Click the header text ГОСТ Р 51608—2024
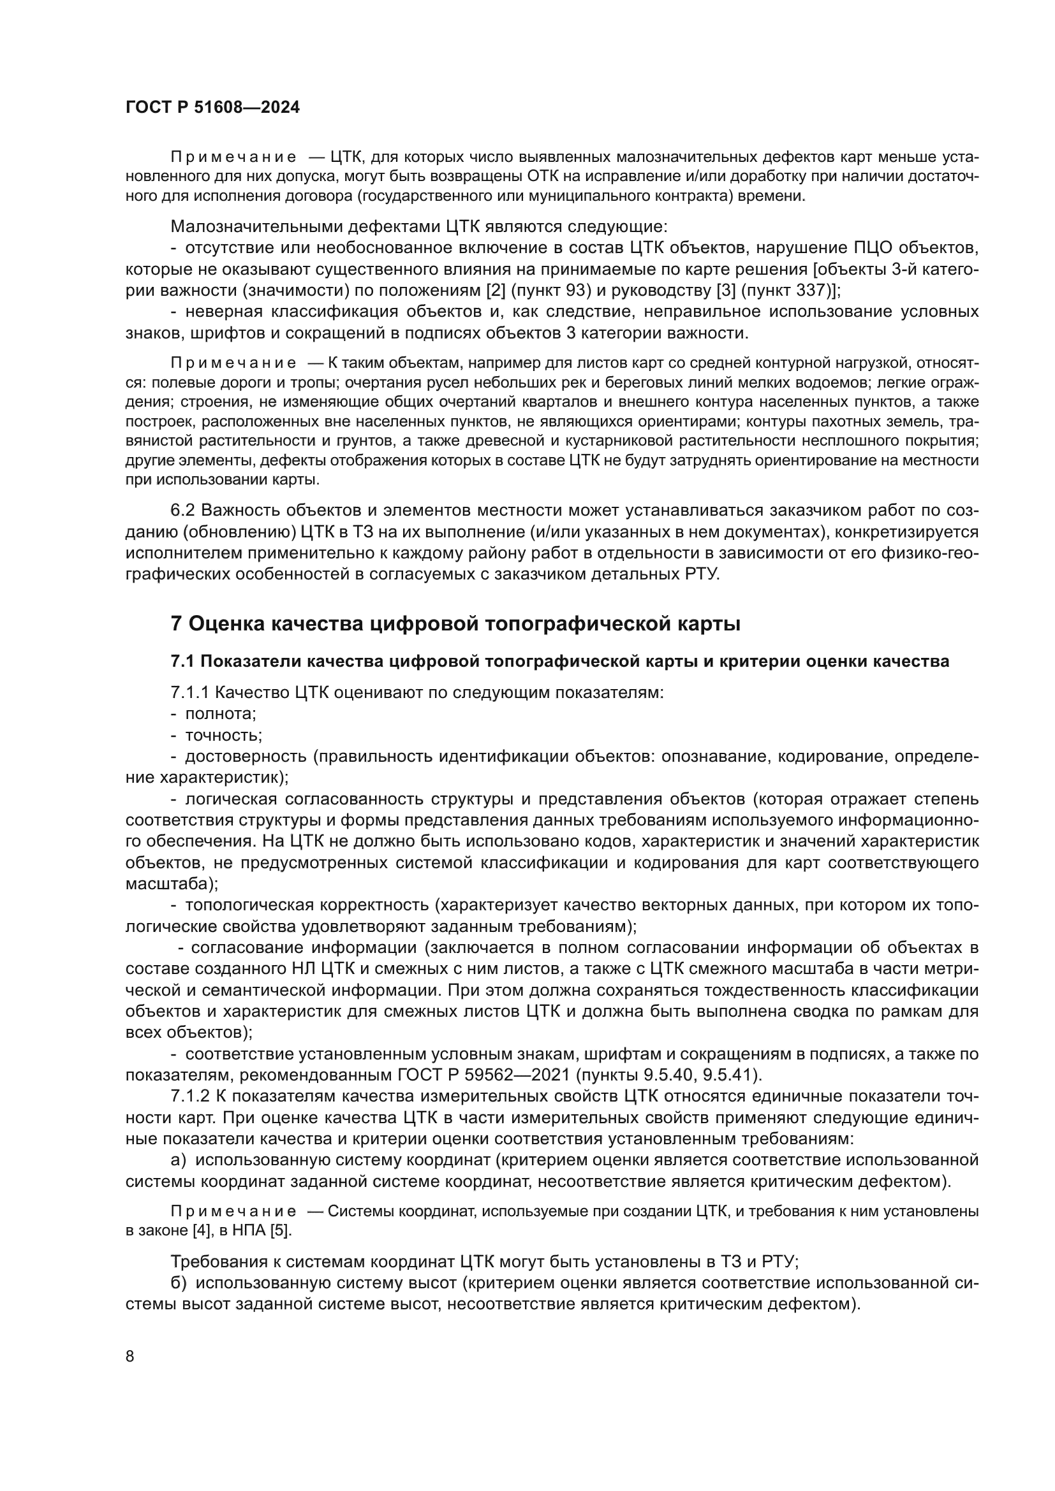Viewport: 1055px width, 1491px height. (212, 108)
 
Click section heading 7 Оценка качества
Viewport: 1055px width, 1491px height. (455, 624)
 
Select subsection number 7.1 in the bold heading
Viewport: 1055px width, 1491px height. (182, 662)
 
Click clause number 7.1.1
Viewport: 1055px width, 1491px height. (189, 692)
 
